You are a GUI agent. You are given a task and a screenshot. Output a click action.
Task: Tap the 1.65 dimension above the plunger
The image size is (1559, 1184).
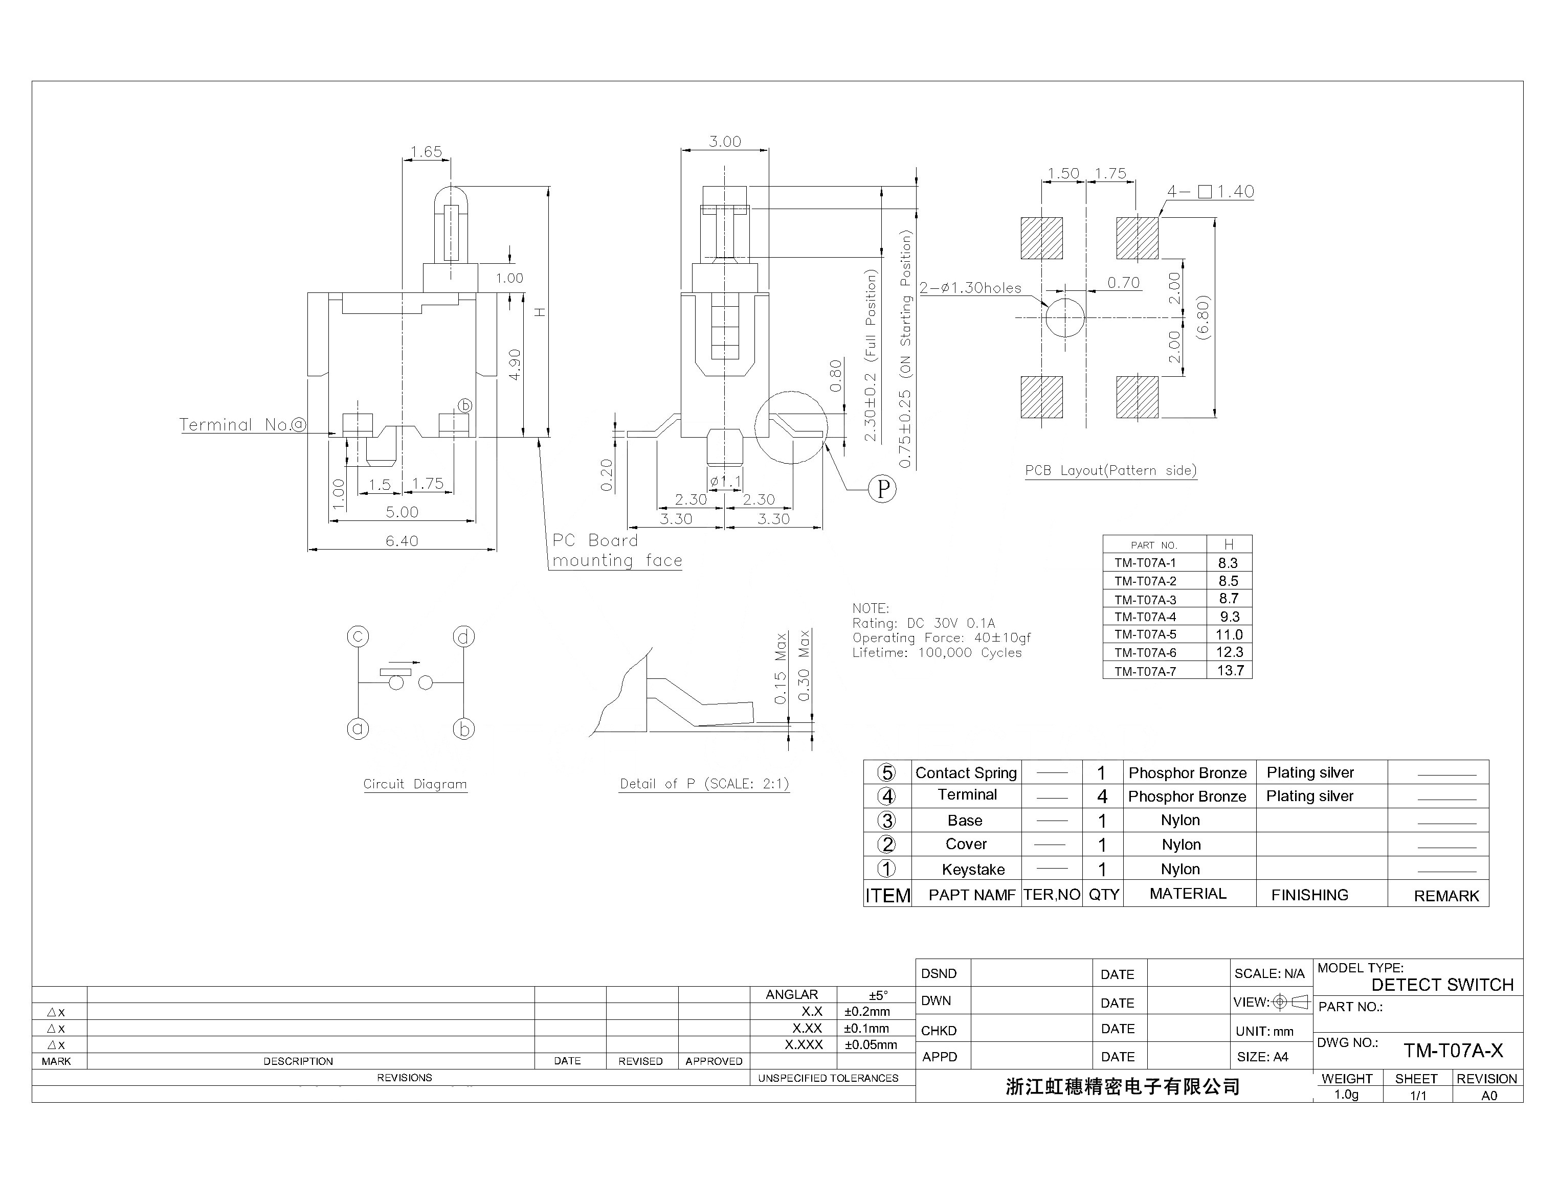[426, 151]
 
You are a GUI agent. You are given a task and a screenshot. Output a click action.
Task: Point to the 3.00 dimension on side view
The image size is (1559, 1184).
[724, 142]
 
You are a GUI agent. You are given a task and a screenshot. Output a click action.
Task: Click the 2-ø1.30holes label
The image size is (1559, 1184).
[970, 287]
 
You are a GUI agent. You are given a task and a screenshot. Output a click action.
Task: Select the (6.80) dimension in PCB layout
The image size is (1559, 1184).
[1204, 317]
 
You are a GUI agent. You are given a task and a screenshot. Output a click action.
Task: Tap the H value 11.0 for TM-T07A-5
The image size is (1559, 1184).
[1229, 634]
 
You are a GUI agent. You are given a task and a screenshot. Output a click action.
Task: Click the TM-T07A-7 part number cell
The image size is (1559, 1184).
[1145, 671]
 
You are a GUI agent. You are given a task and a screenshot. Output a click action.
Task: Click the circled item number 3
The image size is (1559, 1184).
[886, 821]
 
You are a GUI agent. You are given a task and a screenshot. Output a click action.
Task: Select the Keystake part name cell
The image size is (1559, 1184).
[972, 869]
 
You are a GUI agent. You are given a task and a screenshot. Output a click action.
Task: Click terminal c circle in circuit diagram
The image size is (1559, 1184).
[358, 636]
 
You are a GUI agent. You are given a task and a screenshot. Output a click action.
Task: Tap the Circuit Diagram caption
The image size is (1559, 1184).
[415, 784]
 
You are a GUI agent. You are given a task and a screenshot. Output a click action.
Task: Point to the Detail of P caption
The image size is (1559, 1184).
[704, 784]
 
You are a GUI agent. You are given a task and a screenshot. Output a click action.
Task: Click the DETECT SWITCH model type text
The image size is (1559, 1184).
[1442, 985]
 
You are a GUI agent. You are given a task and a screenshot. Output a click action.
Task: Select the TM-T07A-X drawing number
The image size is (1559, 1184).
[1453, 1051]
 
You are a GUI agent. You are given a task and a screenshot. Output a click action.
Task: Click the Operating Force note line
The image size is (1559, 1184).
[941, 638]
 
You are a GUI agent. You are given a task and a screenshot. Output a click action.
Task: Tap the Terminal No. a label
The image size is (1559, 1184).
[242, 424]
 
